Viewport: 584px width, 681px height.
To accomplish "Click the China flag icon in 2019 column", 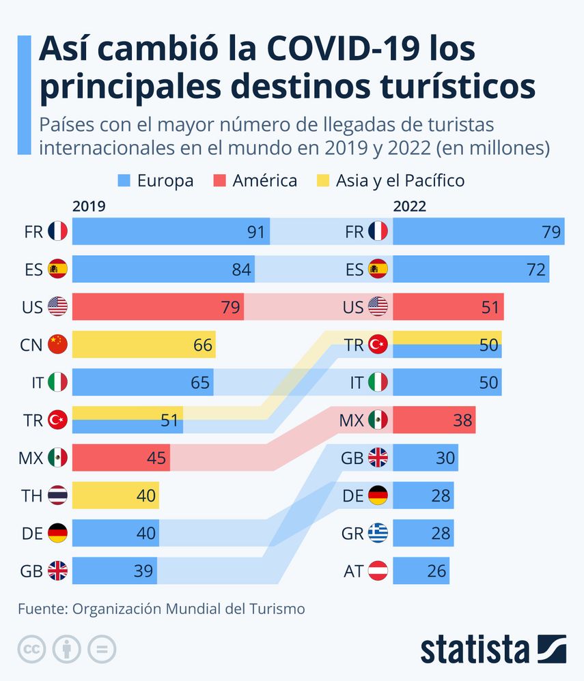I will click(x=58, y=345).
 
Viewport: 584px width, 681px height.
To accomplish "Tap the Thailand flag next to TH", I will click(x=58, y=495).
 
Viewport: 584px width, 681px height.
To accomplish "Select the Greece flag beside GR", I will click(x=378, y=533).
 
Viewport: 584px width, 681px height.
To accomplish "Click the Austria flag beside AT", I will click(x=378, y=570).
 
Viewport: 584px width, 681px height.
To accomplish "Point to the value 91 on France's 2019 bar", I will click(x=255, y=232).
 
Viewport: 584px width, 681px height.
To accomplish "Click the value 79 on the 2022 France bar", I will click(x=551, y=232).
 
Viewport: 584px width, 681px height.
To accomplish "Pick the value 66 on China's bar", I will click(x=202, y=345).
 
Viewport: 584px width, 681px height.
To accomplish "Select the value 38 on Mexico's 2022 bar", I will click(x=462, y=420).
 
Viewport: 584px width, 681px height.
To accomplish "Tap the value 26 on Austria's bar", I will click(x=437, y=570).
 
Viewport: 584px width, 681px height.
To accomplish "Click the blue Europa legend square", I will click(x=124, y=181).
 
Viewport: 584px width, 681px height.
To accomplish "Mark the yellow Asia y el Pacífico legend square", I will click(x=322, y=181).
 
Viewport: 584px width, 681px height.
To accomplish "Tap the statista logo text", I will click(x=475, y=649).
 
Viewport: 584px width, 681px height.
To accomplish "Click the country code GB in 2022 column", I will click(x=352, y=458).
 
